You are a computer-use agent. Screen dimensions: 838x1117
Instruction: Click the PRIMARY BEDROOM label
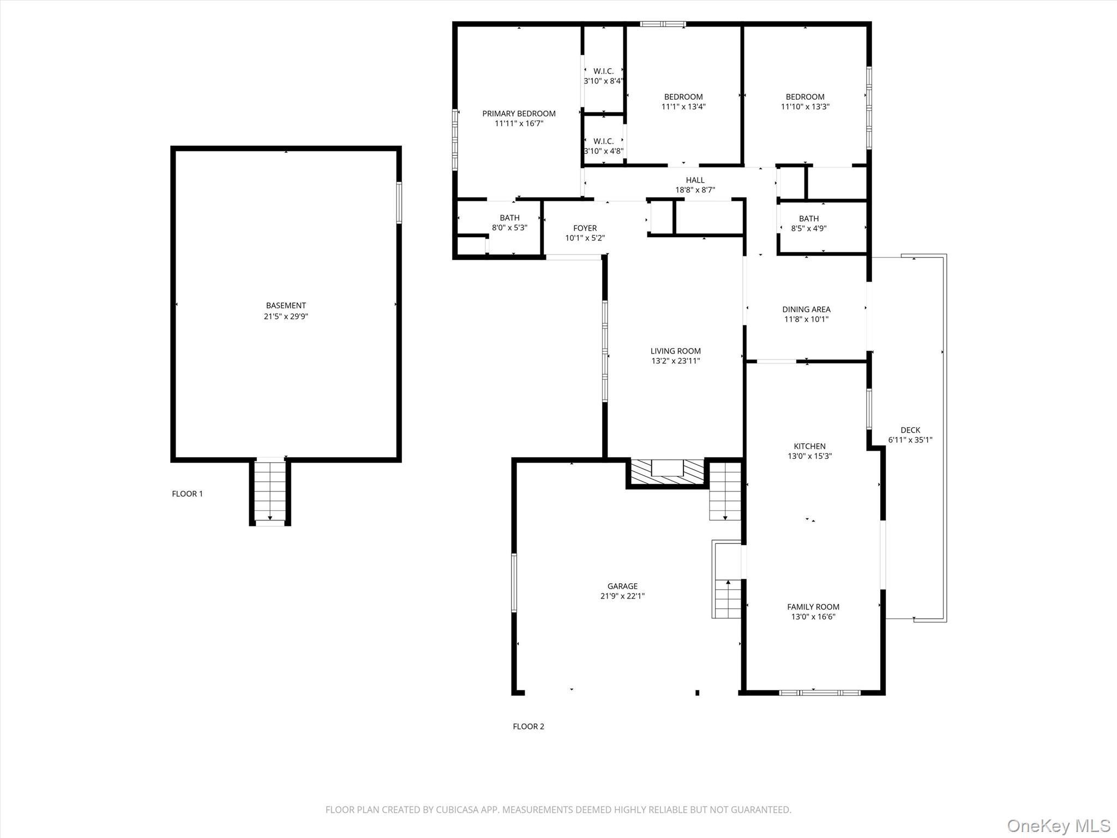519,113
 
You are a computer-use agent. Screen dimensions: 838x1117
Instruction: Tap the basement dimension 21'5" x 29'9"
286,316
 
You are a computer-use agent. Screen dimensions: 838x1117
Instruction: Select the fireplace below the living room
667,472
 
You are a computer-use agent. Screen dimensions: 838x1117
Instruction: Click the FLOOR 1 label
187,494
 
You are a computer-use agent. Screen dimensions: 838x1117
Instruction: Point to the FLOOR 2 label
528,726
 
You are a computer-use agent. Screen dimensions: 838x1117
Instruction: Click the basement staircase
270,491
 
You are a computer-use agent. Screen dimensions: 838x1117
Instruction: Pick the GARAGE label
622,586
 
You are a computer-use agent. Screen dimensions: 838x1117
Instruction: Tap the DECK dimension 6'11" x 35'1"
910,440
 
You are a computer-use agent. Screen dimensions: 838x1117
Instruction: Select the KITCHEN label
809,446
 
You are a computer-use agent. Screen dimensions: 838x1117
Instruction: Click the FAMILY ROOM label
813,607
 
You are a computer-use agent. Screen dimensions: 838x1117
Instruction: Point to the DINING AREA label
806,309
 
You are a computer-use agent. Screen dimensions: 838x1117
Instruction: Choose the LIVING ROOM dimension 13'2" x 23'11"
675,361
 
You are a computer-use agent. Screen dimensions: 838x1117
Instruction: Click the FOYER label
585,228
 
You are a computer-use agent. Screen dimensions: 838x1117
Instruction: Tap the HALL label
695,180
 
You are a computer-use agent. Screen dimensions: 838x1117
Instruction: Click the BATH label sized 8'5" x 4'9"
808,219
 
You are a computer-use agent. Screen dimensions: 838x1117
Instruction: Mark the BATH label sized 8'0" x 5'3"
509,218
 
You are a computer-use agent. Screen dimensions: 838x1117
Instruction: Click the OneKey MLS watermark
1059,825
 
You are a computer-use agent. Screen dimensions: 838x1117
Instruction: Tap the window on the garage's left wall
514,583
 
